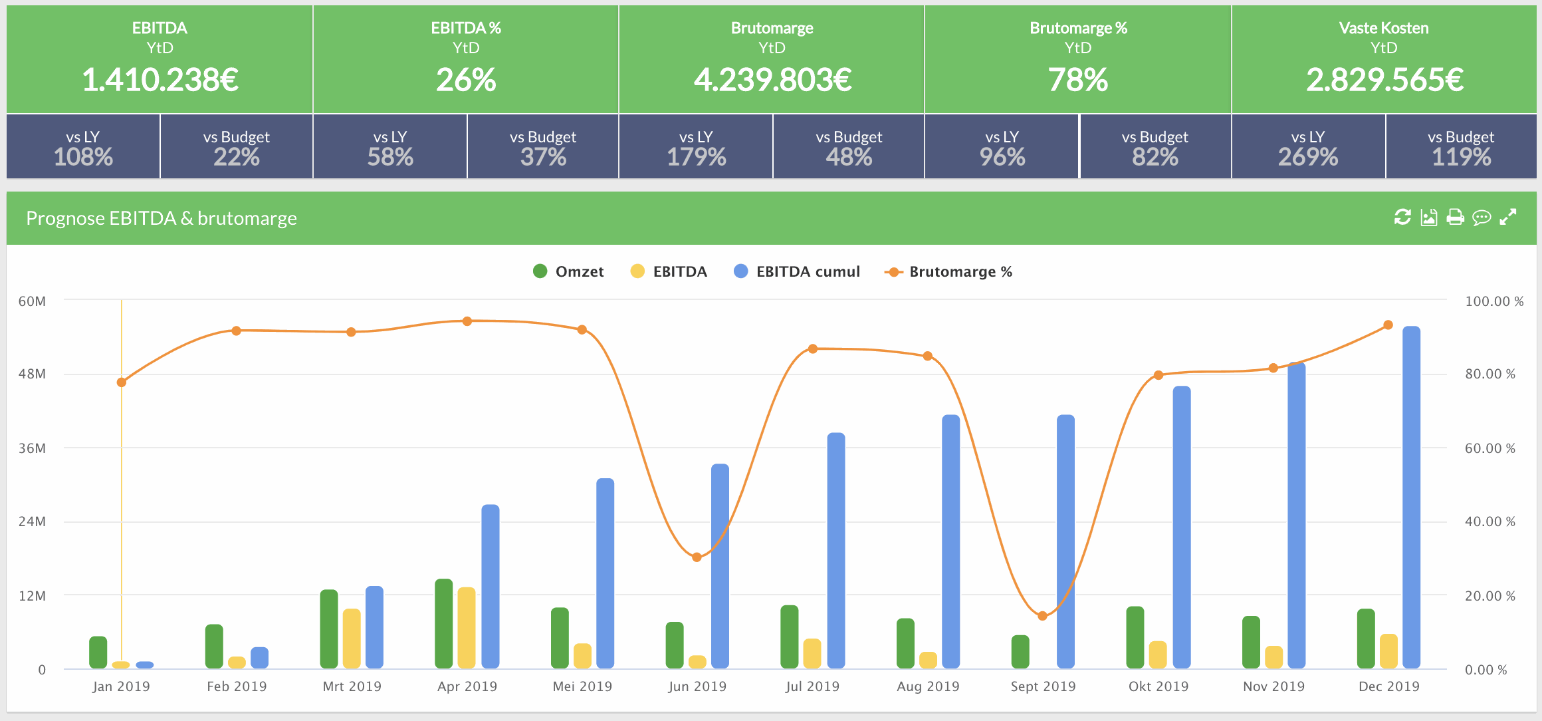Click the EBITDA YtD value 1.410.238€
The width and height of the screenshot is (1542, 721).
click(x=160, y=80)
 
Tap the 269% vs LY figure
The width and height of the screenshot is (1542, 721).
click(x=1307, y=157)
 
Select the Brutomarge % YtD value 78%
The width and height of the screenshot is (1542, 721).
click(x=1077, y=80)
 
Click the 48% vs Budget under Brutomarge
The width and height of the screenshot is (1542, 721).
click(x=849, y=157)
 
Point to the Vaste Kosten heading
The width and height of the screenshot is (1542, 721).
click(x=1383, y=28)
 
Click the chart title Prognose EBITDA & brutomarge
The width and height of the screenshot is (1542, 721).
click(x=161, y=218)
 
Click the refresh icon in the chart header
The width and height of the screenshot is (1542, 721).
click(x=1402, y=217)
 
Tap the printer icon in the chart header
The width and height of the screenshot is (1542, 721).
click(x=1455, y=217)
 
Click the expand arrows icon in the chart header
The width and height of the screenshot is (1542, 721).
click(x=1507, y=217)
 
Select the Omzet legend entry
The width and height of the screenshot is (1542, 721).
click(x=568, y=271)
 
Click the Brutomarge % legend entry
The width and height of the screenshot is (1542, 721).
click(x=948, y=271)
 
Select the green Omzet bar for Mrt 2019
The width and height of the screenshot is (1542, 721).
click(x=329, y=629)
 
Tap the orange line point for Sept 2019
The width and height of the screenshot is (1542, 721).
click(x=1042, y=616)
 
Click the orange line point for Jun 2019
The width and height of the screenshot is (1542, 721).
click(x=697, y=557)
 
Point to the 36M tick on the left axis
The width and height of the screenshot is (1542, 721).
click(x=32, y=448)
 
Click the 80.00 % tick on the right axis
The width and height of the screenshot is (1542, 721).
click(x=1489, y=374)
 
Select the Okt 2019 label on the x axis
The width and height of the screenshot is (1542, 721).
click(x=1158, y=686)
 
